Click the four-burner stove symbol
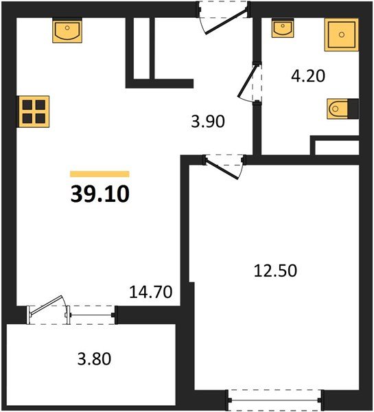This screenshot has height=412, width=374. tap(33, 110)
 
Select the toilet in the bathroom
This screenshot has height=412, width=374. tap(342, 108)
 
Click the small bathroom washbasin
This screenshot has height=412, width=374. tap(283, 29)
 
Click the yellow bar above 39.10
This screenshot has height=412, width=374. tap(100, 174)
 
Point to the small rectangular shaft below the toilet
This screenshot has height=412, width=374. tap(336, 146)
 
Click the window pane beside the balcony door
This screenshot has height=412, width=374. tap(92, 314)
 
